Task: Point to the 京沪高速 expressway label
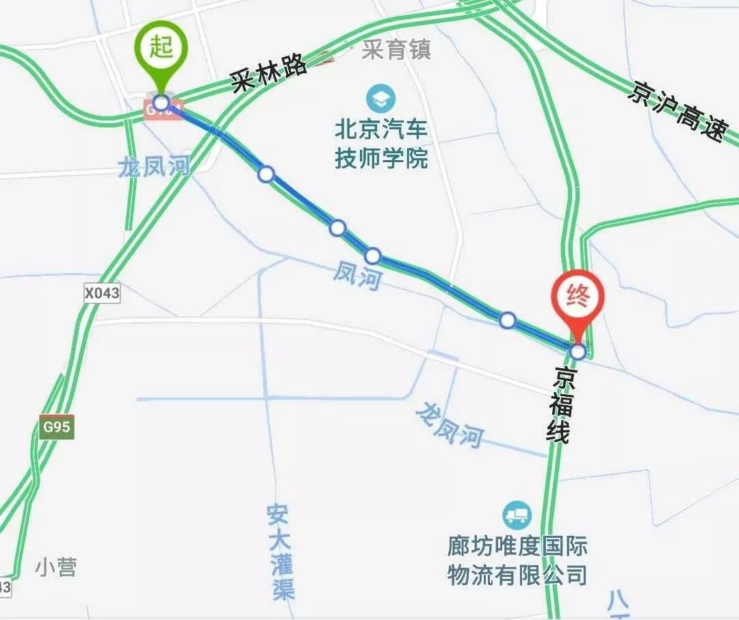(677, 112)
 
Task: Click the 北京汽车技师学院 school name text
(381, 144)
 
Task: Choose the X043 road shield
(102, 294)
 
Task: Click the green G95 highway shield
(55, 427)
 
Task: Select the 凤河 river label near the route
(356, 276)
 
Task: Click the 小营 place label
(56, 567)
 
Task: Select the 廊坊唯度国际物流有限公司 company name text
(517, 560)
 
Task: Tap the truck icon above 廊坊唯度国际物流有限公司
(517, 515)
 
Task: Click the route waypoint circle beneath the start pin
(161, 103)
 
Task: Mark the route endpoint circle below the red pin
(578, 352)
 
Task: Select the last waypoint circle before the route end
(507, 320)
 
